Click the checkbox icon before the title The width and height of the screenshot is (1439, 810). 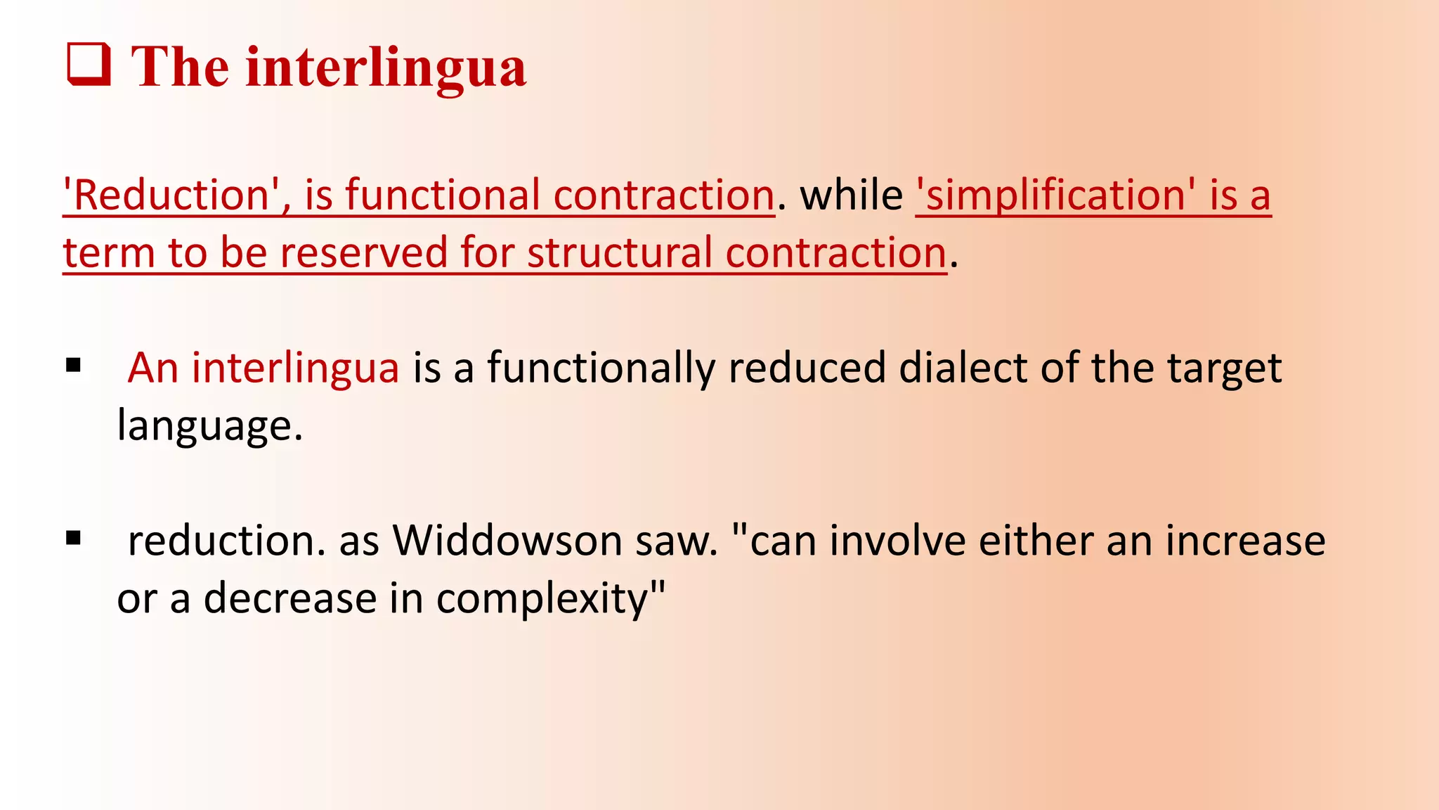coord(89,65)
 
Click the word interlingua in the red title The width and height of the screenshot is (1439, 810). coord(386,68)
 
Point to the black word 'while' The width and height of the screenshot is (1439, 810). coord(852,195)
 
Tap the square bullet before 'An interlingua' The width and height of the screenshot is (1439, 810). coord(73,366)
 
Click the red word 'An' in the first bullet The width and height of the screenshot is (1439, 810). coord(152,368)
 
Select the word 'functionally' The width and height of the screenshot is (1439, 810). coord(601,368)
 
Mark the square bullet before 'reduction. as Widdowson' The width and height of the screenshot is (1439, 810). coord(73,539)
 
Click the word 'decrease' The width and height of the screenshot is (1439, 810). coord(290,598)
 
